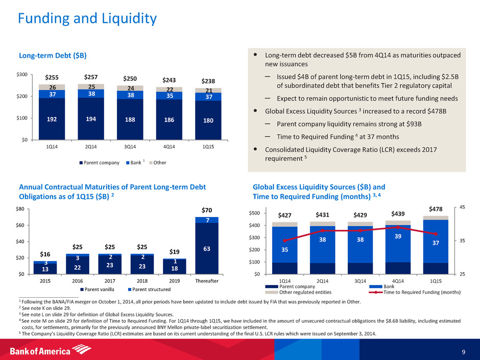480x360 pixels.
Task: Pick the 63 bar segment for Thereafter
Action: point(207,248)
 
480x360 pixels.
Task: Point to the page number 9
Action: point(463,350)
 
